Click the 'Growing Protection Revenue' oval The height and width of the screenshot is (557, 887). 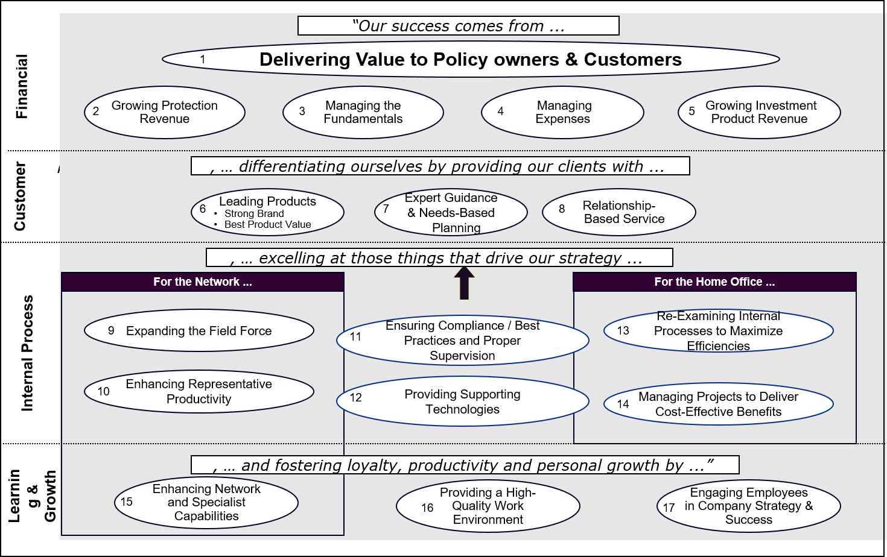164,112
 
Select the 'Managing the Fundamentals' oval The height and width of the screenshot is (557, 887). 363,112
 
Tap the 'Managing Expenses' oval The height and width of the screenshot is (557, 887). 562,112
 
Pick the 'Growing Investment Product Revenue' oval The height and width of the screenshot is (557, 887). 759,112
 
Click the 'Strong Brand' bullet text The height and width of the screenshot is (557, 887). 254,213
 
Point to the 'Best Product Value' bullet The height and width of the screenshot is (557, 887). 267,224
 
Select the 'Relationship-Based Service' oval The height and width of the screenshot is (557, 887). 618,212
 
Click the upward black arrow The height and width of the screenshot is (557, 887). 464,283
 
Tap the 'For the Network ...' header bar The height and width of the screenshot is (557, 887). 203,282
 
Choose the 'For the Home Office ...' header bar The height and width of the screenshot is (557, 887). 714,282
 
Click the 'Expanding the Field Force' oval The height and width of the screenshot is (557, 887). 199,331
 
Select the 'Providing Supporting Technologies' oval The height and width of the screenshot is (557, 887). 462,401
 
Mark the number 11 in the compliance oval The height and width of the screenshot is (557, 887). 355,336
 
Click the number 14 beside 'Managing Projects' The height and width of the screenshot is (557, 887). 623,404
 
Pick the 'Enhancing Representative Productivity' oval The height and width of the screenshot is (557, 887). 199,391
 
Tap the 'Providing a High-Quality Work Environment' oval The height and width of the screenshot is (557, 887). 488,506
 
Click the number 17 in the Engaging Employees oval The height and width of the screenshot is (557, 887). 669,508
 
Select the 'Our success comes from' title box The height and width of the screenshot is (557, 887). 458,26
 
